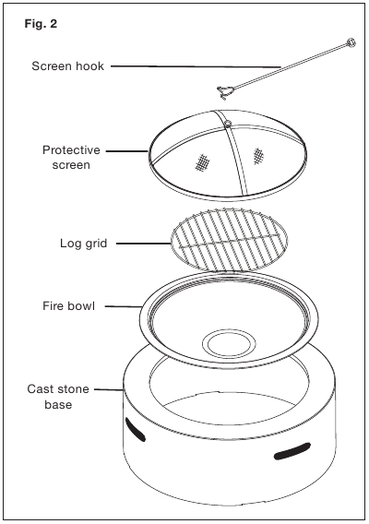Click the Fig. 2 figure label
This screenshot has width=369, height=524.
[41, 24]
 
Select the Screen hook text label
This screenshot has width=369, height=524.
[68, 66]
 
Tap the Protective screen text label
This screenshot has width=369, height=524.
[71, 158]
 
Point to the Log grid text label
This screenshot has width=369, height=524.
[84, 244]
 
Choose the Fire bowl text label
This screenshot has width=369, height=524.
[68, 305]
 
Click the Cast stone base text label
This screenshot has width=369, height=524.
[58, 397]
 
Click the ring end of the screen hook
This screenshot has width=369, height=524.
[351, 42]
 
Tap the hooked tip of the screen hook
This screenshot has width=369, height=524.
[223, 92]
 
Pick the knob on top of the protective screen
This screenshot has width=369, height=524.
[227, 125]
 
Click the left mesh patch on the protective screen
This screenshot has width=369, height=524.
[203, 162]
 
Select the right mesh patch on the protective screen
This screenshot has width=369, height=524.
[257, 156]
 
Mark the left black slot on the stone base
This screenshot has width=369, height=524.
[136, 429]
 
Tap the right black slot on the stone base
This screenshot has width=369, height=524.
[292, 451]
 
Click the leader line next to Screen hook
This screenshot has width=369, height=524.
[196, 66]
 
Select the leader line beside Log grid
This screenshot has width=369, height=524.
[144, 244]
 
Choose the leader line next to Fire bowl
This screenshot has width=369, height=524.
[124, 306]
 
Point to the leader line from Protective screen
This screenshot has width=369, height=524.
[127, 151]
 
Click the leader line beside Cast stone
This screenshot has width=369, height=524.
[109, 389]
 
